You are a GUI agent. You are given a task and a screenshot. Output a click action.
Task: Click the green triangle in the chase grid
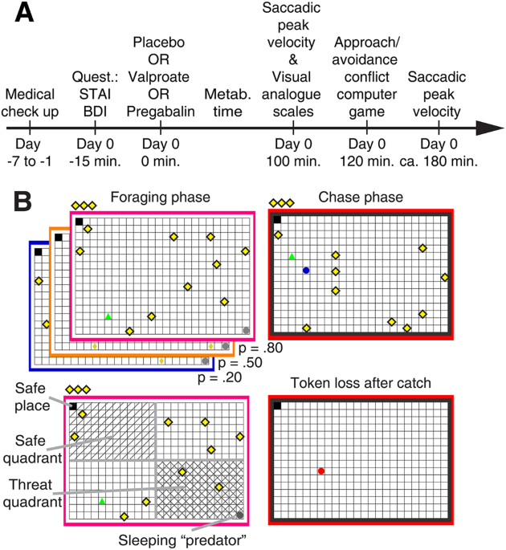[292, 256]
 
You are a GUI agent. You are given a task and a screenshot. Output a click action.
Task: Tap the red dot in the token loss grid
[320, 471]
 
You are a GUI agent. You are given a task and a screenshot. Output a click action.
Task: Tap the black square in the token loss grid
[277, 405]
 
